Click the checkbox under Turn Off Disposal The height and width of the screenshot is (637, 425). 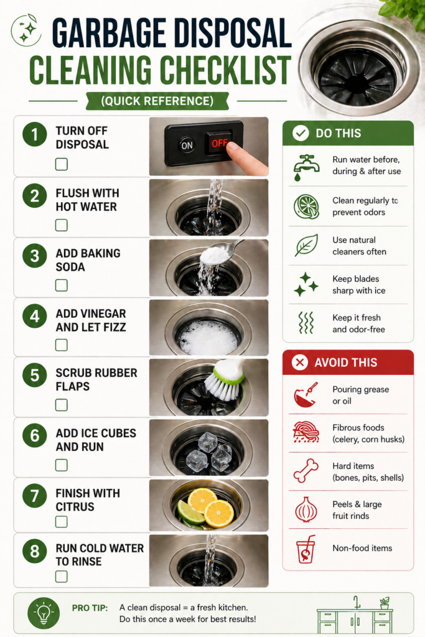pos(62,164)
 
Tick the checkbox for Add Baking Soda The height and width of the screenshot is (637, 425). pos(62,285)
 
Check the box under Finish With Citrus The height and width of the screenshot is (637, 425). pos(62,521)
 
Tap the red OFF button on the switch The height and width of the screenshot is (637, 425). pos(218,142)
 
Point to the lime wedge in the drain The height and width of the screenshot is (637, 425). pos(190,513)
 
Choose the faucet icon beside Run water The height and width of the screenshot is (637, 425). pos(306,166)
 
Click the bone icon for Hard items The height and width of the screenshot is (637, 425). pos(306,471)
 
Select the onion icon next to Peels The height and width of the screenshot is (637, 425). pos(306,510)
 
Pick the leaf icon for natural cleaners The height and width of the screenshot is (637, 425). pos(306,245)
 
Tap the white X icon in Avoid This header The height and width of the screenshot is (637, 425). pos(300,362)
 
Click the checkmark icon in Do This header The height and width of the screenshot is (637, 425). pos(301,133)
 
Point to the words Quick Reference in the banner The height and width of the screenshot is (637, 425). pos(157,101)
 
